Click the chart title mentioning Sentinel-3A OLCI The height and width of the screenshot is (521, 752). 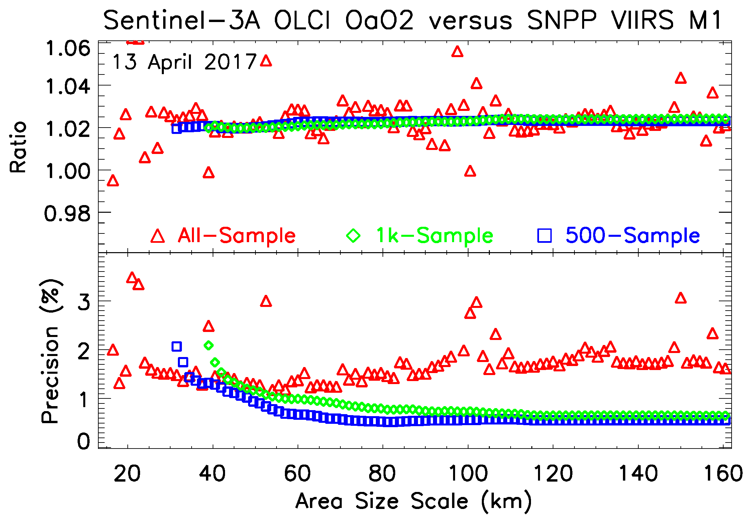(x=413, y=20)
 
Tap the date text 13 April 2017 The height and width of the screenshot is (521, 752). (x=184, y=62)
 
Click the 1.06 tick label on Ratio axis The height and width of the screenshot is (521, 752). (x=68, y=48)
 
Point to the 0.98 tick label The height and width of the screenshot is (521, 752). (x=67, y=214)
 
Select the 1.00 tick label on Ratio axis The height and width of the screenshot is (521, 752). (x=68, y=171)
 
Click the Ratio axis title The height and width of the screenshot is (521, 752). (x=18, y=147)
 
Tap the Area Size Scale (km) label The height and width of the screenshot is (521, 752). (x=413, y=501)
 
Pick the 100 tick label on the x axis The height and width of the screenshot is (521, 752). (x=468, y=474)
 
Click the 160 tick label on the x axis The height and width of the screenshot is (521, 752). (x=723, y=474)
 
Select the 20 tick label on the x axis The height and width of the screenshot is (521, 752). (x=127, y=474)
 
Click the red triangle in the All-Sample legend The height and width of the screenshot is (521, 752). (x=157, y=236)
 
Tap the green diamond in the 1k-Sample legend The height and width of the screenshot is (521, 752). (x=353, y=235)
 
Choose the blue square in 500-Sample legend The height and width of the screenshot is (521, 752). (x=544, y=235)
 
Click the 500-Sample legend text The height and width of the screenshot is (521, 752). (x=632, y=235)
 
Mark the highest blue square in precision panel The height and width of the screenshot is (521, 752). (x=177, y=346)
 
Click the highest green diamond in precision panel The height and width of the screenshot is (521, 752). (x=209, y=345)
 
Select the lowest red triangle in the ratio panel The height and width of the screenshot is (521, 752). (x=113, y=181)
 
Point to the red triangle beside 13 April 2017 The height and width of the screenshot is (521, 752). (x=266, y=61)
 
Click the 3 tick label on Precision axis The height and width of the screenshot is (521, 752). (x=84, y=302)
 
